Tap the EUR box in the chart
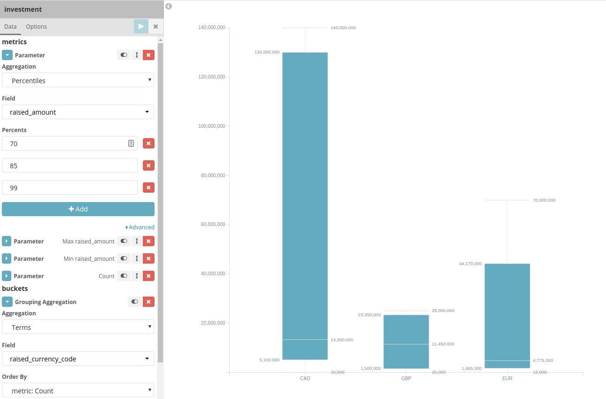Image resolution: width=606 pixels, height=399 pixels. coord(507,315)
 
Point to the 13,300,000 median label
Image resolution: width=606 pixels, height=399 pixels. coord(342,340)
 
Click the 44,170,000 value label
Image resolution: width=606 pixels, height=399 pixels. coord(470,264)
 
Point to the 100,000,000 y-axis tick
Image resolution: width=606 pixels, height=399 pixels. coord(212,126)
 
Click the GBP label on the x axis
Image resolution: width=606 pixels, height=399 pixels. coord(406,378)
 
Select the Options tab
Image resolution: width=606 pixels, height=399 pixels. coord(36,27)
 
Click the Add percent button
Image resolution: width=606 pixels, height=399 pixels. coord(78,209)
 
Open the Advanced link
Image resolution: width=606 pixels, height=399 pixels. coord(140,227)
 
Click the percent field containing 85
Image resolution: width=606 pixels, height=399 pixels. coord(70,165)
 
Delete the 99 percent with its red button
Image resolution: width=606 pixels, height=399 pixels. coord(148,188)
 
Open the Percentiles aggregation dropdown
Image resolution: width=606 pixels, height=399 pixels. coord(78,80)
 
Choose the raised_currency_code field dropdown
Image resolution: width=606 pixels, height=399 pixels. coord(78,359)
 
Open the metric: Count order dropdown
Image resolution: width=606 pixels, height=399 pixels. coord(78,391)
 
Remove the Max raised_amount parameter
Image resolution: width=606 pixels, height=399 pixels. coord(148,241)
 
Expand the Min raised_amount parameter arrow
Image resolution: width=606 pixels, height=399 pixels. coord(7,258)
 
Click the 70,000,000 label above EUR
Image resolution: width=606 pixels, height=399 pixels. coord(544,200)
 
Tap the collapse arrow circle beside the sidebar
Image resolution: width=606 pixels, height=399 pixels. coord(169,7)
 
